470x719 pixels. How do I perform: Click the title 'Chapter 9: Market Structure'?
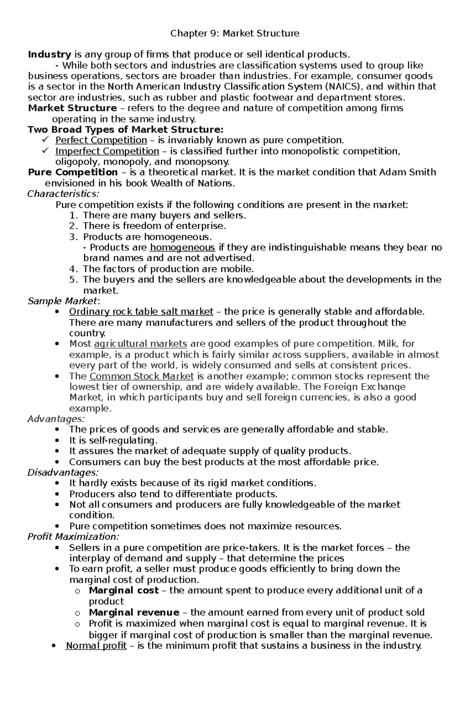(235, 34)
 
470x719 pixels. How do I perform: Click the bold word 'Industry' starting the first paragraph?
(49, 54)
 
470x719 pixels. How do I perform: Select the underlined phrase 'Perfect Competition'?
(101, 140)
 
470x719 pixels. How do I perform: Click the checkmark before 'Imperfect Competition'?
(45, 151)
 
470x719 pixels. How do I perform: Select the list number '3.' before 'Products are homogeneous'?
(74, 237)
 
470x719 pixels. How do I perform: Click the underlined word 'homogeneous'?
(183, 248)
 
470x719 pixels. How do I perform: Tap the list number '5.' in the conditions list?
(74, 279)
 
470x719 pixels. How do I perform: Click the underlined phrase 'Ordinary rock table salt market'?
(141, 312)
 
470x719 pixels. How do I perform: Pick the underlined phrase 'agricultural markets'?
(141, 344)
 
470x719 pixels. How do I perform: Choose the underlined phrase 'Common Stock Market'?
(141, 377)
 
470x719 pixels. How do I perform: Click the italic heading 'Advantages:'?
(53, 419)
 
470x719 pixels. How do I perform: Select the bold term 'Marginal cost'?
(124, 590)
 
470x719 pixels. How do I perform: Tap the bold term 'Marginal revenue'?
(134, 612)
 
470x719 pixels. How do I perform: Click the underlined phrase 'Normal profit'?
(96, 646)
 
